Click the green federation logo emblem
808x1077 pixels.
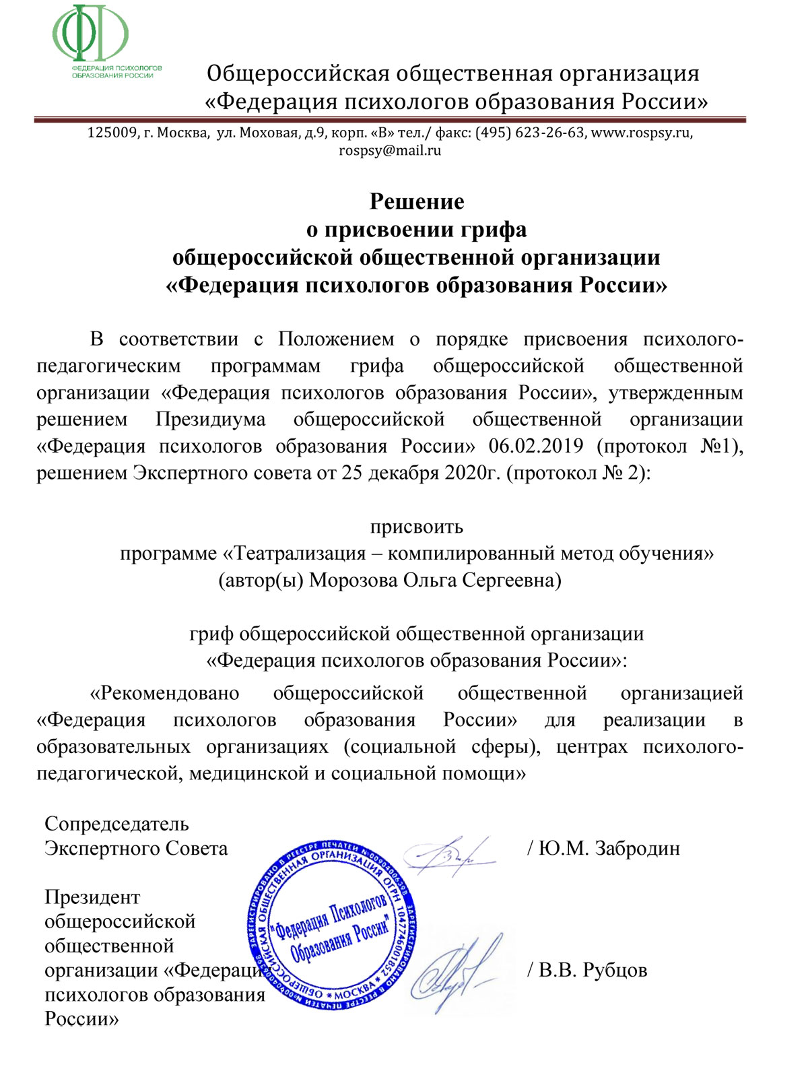(90, 34)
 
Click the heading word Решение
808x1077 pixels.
(417, 201)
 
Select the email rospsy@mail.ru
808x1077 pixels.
(390, 150)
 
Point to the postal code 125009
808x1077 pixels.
(112, 133)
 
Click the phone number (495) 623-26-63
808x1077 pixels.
(530, 133)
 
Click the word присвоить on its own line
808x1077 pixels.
(417, 526)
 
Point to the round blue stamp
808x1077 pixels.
(333, 925)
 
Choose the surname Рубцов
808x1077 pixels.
(614, 970)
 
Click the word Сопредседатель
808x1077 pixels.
(116, 824)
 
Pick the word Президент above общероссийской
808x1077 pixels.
(92, 897)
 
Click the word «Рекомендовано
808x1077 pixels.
(165, 693)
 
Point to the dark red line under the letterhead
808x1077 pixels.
(390, 120)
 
